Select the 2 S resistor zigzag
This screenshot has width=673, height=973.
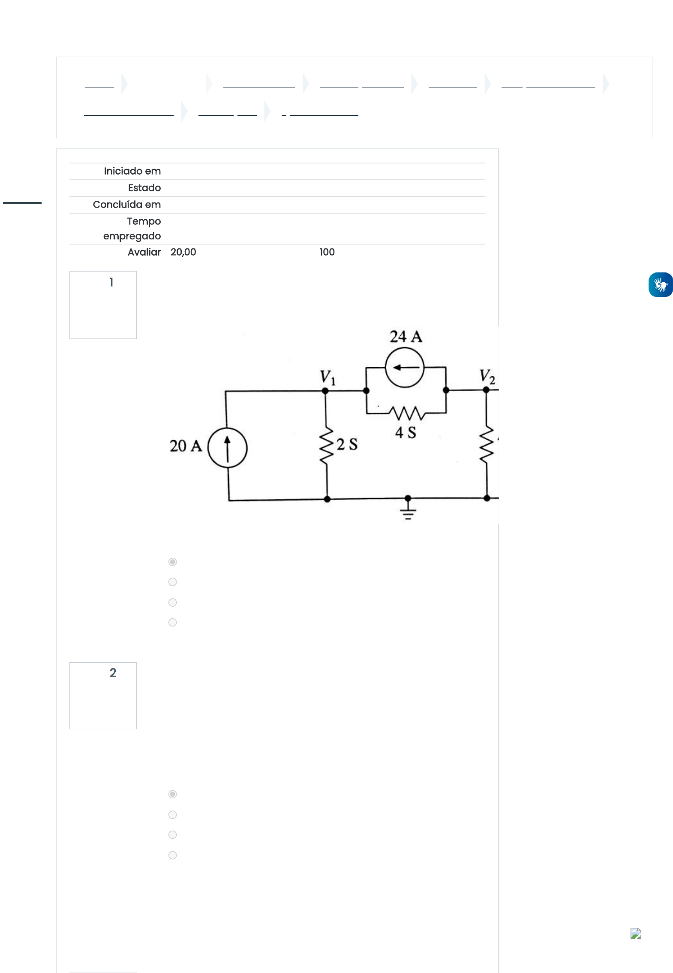(326, 446)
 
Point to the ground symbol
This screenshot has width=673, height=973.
(408, 510)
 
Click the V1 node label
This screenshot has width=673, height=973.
(328, 377)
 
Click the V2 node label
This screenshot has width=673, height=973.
(487, 377)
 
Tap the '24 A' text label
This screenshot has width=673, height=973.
(406, 336)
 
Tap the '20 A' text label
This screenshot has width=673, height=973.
(186, 446)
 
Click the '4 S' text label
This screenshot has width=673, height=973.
(406, 432)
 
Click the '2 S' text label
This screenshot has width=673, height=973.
(347, 444)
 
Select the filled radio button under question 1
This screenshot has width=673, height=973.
(173, 562)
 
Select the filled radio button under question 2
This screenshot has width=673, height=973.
(173, 794)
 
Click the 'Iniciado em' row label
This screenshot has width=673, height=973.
(132, 171)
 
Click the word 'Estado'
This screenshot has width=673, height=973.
(144, 188)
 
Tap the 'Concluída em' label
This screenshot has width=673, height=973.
(127, 205)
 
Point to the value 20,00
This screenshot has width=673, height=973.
(183, 252)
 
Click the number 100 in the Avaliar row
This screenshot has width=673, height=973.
(327, 252)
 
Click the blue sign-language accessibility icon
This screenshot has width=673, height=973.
(661, 285)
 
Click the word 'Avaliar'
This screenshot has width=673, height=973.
(144, 252)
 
